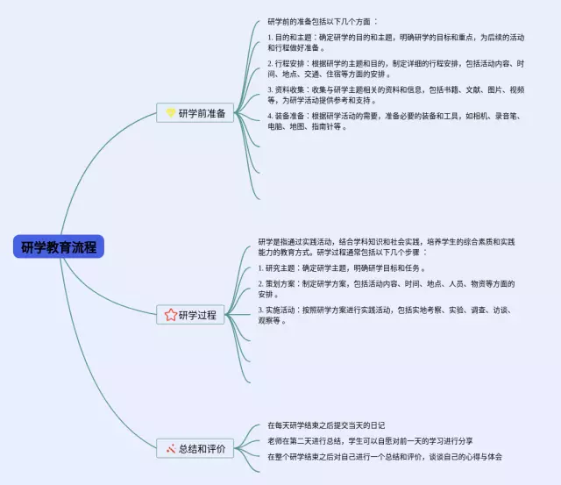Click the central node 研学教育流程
point(59,246)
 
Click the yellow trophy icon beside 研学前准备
point(171,113)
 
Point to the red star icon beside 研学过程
point(171,315)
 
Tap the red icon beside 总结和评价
point(170,449)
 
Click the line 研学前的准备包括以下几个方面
point(323,21)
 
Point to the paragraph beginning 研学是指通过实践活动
point(386,246)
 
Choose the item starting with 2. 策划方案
point(386,289)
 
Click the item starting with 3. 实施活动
point(386,315)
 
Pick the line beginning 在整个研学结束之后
point(385,457)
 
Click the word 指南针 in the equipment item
point(316,126)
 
